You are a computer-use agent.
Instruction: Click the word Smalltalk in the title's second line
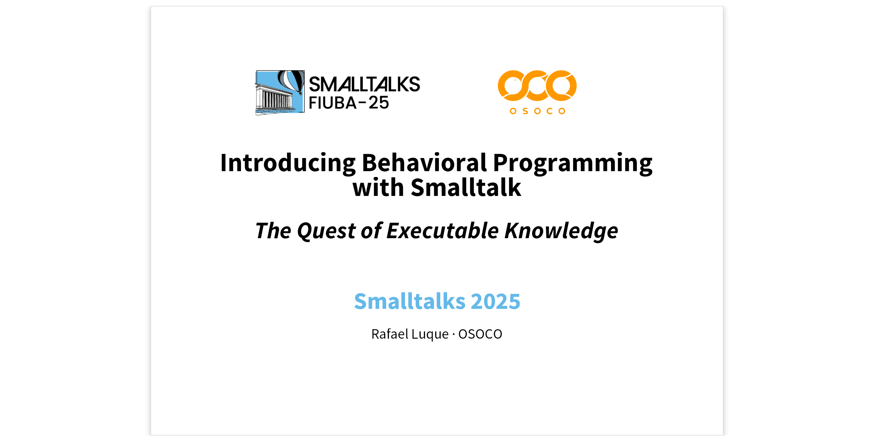pos(466,188)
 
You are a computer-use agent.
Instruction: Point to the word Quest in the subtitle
pos(326,231)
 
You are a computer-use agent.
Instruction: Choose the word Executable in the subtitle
pos(442,231)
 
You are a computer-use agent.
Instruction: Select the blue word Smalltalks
pos(410,301)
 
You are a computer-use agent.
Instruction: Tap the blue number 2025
pos(496,302)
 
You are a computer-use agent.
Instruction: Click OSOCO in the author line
pos(480,334)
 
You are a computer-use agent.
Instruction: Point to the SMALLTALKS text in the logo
pos(365,84)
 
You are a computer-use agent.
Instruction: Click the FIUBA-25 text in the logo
pos(349,103)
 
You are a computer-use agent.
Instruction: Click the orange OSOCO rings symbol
pos(537,86)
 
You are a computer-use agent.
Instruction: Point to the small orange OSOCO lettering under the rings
pos(538,111)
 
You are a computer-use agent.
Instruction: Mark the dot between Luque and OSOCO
pos(454,334)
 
